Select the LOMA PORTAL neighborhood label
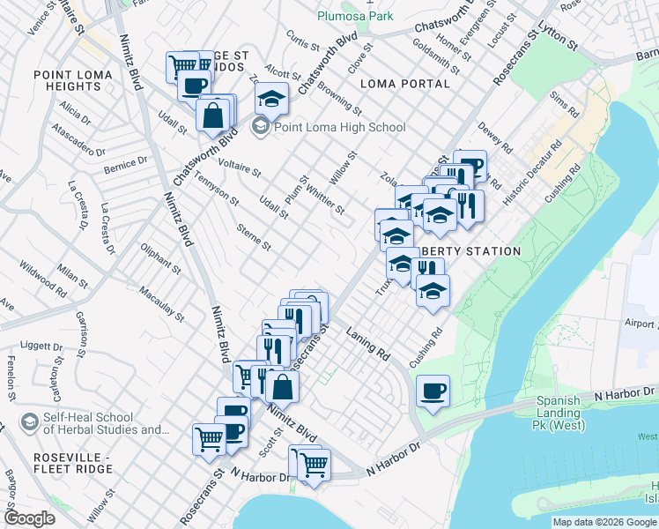(x=405, y=84)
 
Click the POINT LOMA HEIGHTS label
(x=67, y=80)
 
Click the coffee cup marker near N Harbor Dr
(x=432, y=391)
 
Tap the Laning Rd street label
(x=368, y=344)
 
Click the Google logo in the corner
(x=29, y=518)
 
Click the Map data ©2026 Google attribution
(x=604, y=522)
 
